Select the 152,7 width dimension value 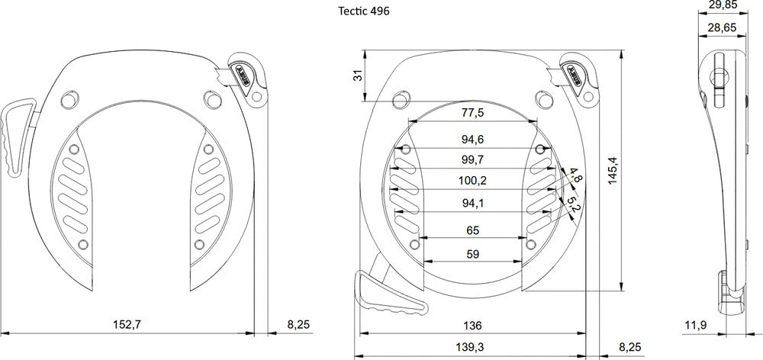tap(127, 325)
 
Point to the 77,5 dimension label tap(472, 114)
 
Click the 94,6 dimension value tap(472, 140)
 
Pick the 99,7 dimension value tap(472, 159)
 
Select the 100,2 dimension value tap(472, 180)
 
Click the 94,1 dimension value tap(472, 202)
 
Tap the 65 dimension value tap(472, 230)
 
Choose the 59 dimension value tap(472, 254)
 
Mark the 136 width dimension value tap(472, 325)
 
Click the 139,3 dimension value tap(472, 347)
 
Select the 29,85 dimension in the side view tap(722, 6)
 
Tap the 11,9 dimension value tap(694, 326)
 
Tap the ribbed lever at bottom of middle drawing tap(388, 297)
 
